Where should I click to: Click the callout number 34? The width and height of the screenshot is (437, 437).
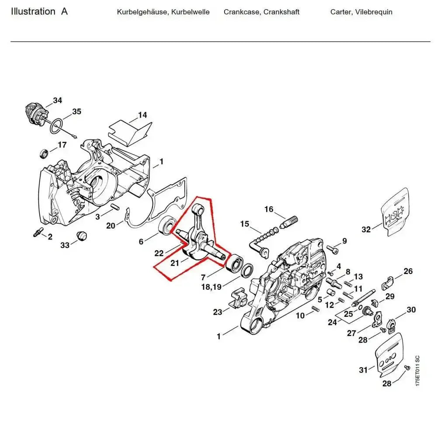pos(58,101)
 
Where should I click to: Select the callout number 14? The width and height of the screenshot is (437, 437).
pos(142,115)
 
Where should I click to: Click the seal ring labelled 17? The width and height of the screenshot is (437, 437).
pos(44,153)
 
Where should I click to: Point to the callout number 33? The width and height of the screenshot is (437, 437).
pos(65,246)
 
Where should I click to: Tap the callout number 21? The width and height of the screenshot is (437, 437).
pos(175,263)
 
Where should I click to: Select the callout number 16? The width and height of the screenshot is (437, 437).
pos(269,209)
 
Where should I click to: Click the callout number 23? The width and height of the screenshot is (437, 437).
pos(218,312)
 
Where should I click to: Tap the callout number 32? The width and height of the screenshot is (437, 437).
pos(366,229)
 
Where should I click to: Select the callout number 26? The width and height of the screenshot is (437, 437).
pos(408,271)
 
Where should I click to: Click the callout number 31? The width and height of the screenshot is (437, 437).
pos(363,370)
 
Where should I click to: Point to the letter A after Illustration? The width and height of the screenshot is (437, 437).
pos(64,12)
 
